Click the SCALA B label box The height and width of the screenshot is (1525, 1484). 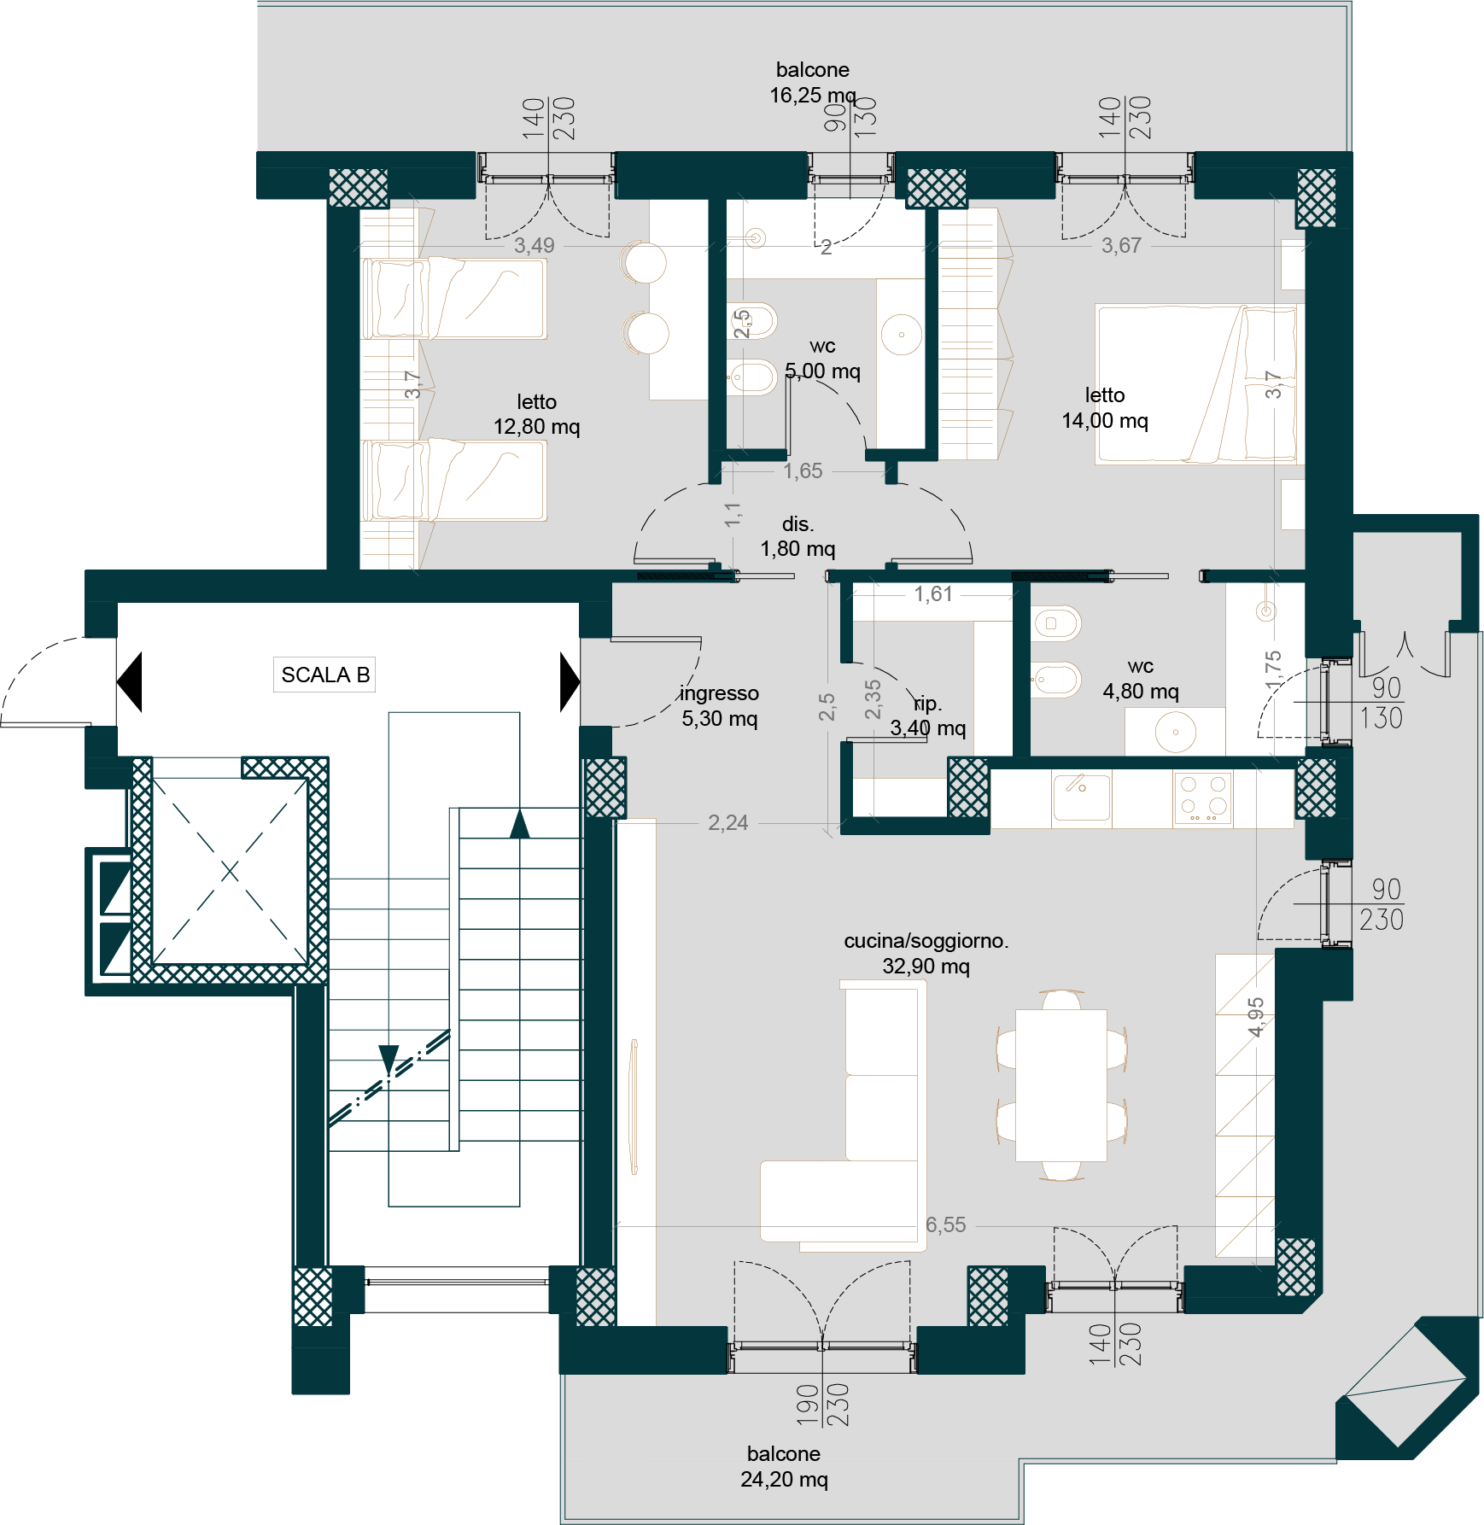point(324,675)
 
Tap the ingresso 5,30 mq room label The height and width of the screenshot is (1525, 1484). point(720,706)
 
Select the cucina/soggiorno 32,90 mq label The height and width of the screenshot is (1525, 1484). point(926,953)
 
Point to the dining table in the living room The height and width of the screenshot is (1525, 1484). point(1061,1085)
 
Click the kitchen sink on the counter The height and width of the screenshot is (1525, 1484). point(1082,798)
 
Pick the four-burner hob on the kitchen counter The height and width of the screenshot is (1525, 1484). point(1203,798)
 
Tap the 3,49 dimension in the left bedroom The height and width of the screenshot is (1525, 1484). point(535,246)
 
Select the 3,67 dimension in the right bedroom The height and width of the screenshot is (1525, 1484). point(1121,246)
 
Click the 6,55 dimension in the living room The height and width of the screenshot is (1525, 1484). point(946,1225)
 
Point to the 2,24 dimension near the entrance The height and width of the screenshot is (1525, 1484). point(728,823)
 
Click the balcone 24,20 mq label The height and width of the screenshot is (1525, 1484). point(784,1466)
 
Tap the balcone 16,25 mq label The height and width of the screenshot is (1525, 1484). point(813,82)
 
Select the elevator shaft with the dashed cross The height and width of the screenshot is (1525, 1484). point(230,871)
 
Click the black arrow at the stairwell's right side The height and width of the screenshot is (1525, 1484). point(570,682)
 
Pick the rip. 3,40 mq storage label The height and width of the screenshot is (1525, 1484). point(928,716)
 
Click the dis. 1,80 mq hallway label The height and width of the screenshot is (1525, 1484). point(798,536)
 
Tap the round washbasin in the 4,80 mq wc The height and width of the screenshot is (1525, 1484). point(1176,733)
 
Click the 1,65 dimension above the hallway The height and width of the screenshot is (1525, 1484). point(803,470)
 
